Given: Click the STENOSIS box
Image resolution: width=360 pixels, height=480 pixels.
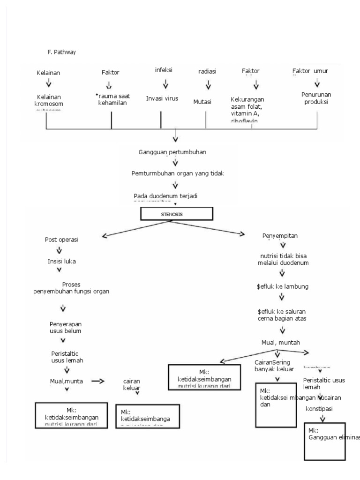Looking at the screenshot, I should (176, 214).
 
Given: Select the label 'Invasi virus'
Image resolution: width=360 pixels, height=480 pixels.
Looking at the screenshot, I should (162, 98).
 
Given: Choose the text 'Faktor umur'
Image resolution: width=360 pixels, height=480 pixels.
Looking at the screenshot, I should (310, 71).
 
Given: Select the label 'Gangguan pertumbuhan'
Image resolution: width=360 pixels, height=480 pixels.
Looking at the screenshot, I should (173, 152).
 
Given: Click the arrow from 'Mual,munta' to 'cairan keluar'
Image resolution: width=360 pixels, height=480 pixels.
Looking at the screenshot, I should (97, 381).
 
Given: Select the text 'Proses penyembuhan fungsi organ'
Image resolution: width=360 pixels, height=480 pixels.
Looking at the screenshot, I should (71, 288).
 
